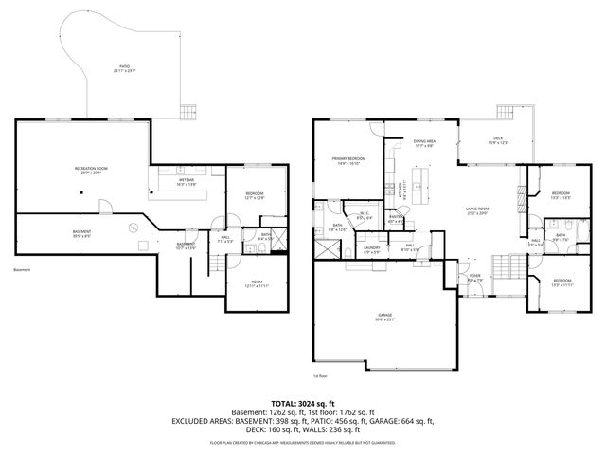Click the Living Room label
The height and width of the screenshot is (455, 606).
(x=476, y=210)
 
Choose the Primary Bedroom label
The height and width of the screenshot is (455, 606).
(x=348, y=160)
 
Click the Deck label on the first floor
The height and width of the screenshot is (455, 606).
(x=497, y=140)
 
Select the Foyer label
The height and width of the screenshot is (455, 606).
(x=474, y=277)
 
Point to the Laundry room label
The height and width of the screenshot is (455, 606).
(x=372, y=249)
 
